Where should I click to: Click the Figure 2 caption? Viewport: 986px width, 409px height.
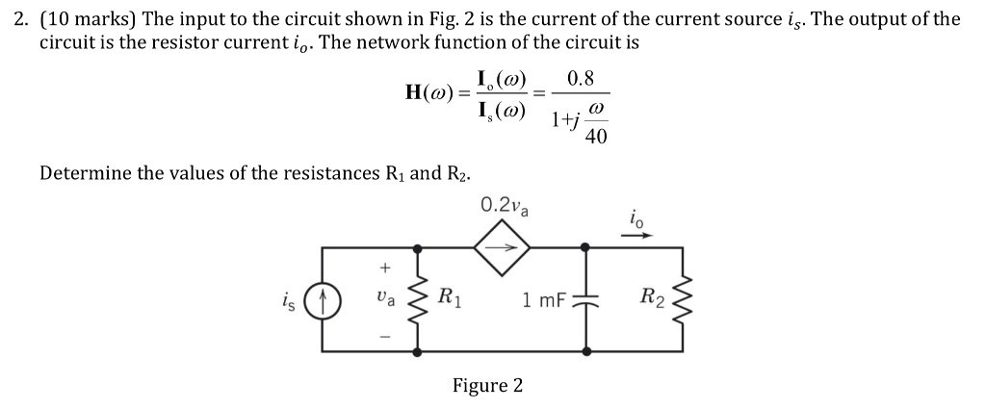[488, 386]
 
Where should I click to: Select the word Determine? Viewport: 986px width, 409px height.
[82, 173]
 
